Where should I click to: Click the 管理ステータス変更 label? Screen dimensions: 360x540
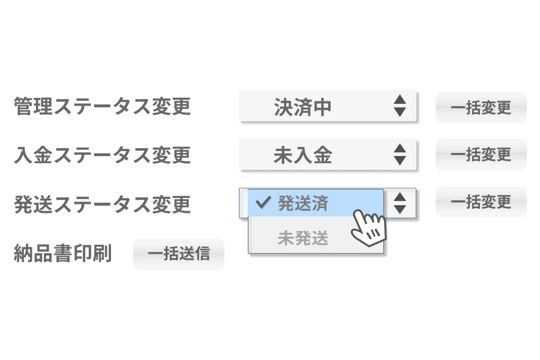(102, 107)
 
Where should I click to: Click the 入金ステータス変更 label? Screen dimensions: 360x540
(102, 155)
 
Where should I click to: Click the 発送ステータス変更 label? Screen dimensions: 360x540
(102, 204)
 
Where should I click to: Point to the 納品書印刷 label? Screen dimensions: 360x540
(62, 253)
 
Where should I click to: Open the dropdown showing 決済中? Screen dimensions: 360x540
(327, 107)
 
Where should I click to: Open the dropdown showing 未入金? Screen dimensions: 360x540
(327, 155)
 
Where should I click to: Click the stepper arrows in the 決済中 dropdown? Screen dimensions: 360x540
(400, 106)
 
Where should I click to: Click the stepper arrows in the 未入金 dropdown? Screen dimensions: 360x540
(400, 155)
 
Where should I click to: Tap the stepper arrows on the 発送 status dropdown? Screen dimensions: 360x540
(400, 203)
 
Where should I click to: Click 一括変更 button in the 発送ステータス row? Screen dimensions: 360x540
(481, 202)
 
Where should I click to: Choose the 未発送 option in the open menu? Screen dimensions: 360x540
(303, 238)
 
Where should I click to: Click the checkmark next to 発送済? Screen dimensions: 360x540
(263, 203)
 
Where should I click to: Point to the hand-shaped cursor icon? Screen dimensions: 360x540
(367, 224)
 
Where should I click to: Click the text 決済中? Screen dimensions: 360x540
(302, 107)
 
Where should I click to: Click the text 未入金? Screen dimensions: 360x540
(302, 155)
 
